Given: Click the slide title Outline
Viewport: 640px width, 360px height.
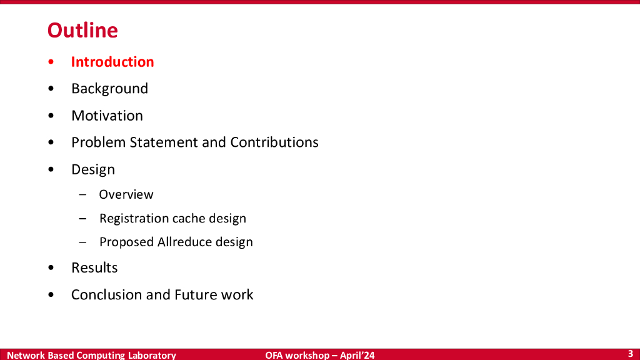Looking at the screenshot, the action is coord(82,30).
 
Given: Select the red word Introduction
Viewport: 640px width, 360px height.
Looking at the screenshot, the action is coord(112,62).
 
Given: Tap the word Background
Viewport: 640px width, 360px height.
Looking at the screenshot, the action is coord(109,89).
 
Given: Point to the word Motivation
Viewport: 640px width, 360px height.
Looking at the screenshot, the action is coord(107,116).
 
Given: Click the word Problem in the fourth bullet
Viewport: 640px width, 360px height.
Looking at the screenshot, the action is coord(98,142).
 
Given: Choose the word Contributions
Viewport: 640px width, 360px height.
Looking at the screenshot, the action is coord(274,142).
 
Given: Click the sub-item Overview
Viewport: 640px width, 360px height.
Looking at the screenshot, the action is coord(126,194).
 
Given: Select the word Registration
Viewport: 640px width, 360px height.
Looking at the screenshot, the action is coord(134,219).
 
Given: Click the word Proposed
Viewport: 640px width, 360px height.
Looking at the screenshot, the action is coord(126,242).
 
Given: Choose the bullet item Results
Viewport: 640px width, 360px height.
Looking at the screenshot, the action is coord(94,267).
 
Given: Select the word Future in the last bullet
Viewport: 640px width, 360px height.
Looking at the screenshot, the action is coord(196,295).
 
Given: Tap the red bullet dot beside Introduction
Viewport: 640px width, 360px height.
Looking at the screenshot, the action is coord(51,62).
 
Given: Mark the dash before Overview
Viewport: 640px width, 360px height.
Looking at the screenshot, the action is coord(82,195).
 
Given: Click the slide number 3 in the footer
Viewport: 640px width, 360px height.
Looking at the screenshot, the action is coord(631,354).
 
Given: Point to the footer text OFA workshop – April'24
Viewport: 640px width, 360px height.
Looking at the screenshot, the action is coord(319,355).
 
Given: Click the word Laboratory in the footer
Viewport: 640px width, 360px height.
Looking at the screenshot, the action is coord(152,355).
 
